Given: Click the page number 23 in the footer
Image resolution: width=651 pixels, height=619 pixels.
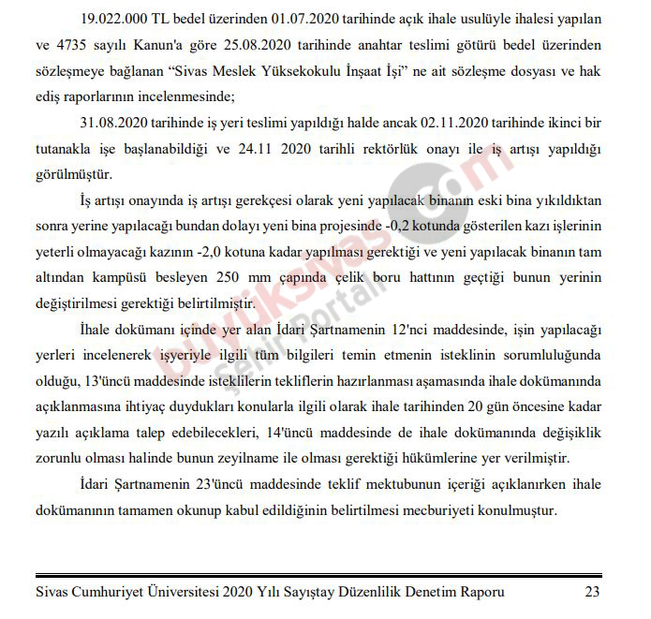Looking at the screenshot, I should click(x=591, y=591).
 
